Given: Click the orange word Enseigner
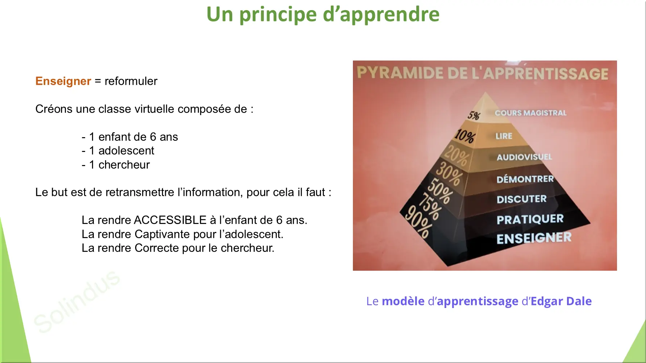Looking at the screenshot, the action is point(63,81).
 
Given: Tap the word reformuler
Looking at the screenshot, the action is point(131,81).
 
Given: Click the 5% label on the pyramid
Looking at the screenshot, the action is point(474,115).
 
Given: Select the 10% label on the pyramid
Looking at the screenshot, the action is point(465,136).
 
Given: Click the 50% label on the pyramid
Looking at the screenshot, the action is point(440,191).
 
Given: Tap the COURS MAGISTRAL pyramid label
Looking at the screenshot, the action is point(530,113).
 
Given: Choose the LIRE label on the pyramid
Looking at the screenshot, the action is point(504,136).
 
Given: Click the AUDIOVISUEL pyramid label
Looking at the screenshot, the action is point(524,157).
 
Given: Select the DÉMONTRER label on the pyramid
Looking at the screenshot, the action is point(525,179).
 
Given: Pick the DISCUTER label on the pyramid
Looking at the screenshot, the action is point(521,199).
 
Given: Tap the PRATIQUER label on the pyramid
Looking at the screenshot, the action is point(530,219).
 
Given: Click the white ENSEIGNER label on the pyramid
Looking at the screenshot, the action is point(534,238).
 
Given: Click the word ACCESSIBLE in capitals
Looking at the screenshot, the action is point(170,220).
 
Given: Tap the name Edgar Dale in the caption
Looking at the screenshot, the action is point(561,301).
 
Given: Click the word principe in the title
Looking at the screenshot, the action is point(278,15).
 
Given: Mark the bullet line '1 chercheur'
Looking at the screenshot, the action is point(116,165).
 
